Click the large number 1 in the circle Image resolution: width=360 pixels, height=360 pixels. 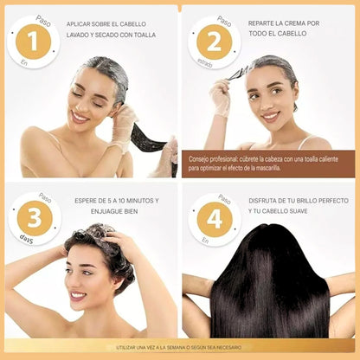tap(32, 41)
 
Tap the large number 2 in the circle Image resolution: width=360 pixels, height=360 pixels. tap(213, 41)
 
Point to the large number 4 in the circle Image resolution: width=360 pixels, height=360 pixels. tap(213, 219)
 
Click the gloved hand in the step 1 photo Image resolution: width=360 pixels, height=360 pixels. tap(124, 124)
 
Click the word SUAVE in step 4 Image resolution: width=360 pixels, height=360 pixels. tap(318, 209)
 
